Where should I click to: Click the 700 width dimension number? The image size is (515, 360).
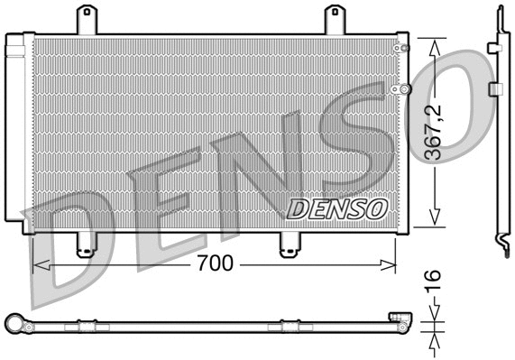[214, 263]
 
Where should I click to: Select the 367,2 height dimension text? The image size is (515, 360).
[436, 131]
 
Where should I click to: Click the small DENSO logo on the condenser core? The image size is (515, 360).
[336, 208]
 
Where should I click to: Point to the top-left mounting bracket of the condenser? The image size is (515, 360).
[87, 20]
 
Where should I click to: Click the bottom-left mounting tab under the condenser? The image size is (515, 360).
[87, 245]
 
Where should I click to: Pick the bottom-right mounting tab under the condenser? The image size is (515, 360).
[290, 245]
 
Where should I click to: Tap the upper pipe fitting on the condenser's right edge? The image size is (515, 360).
[403, 47]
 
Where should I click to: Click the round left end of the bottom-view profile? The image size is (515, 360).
[14, 324]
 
